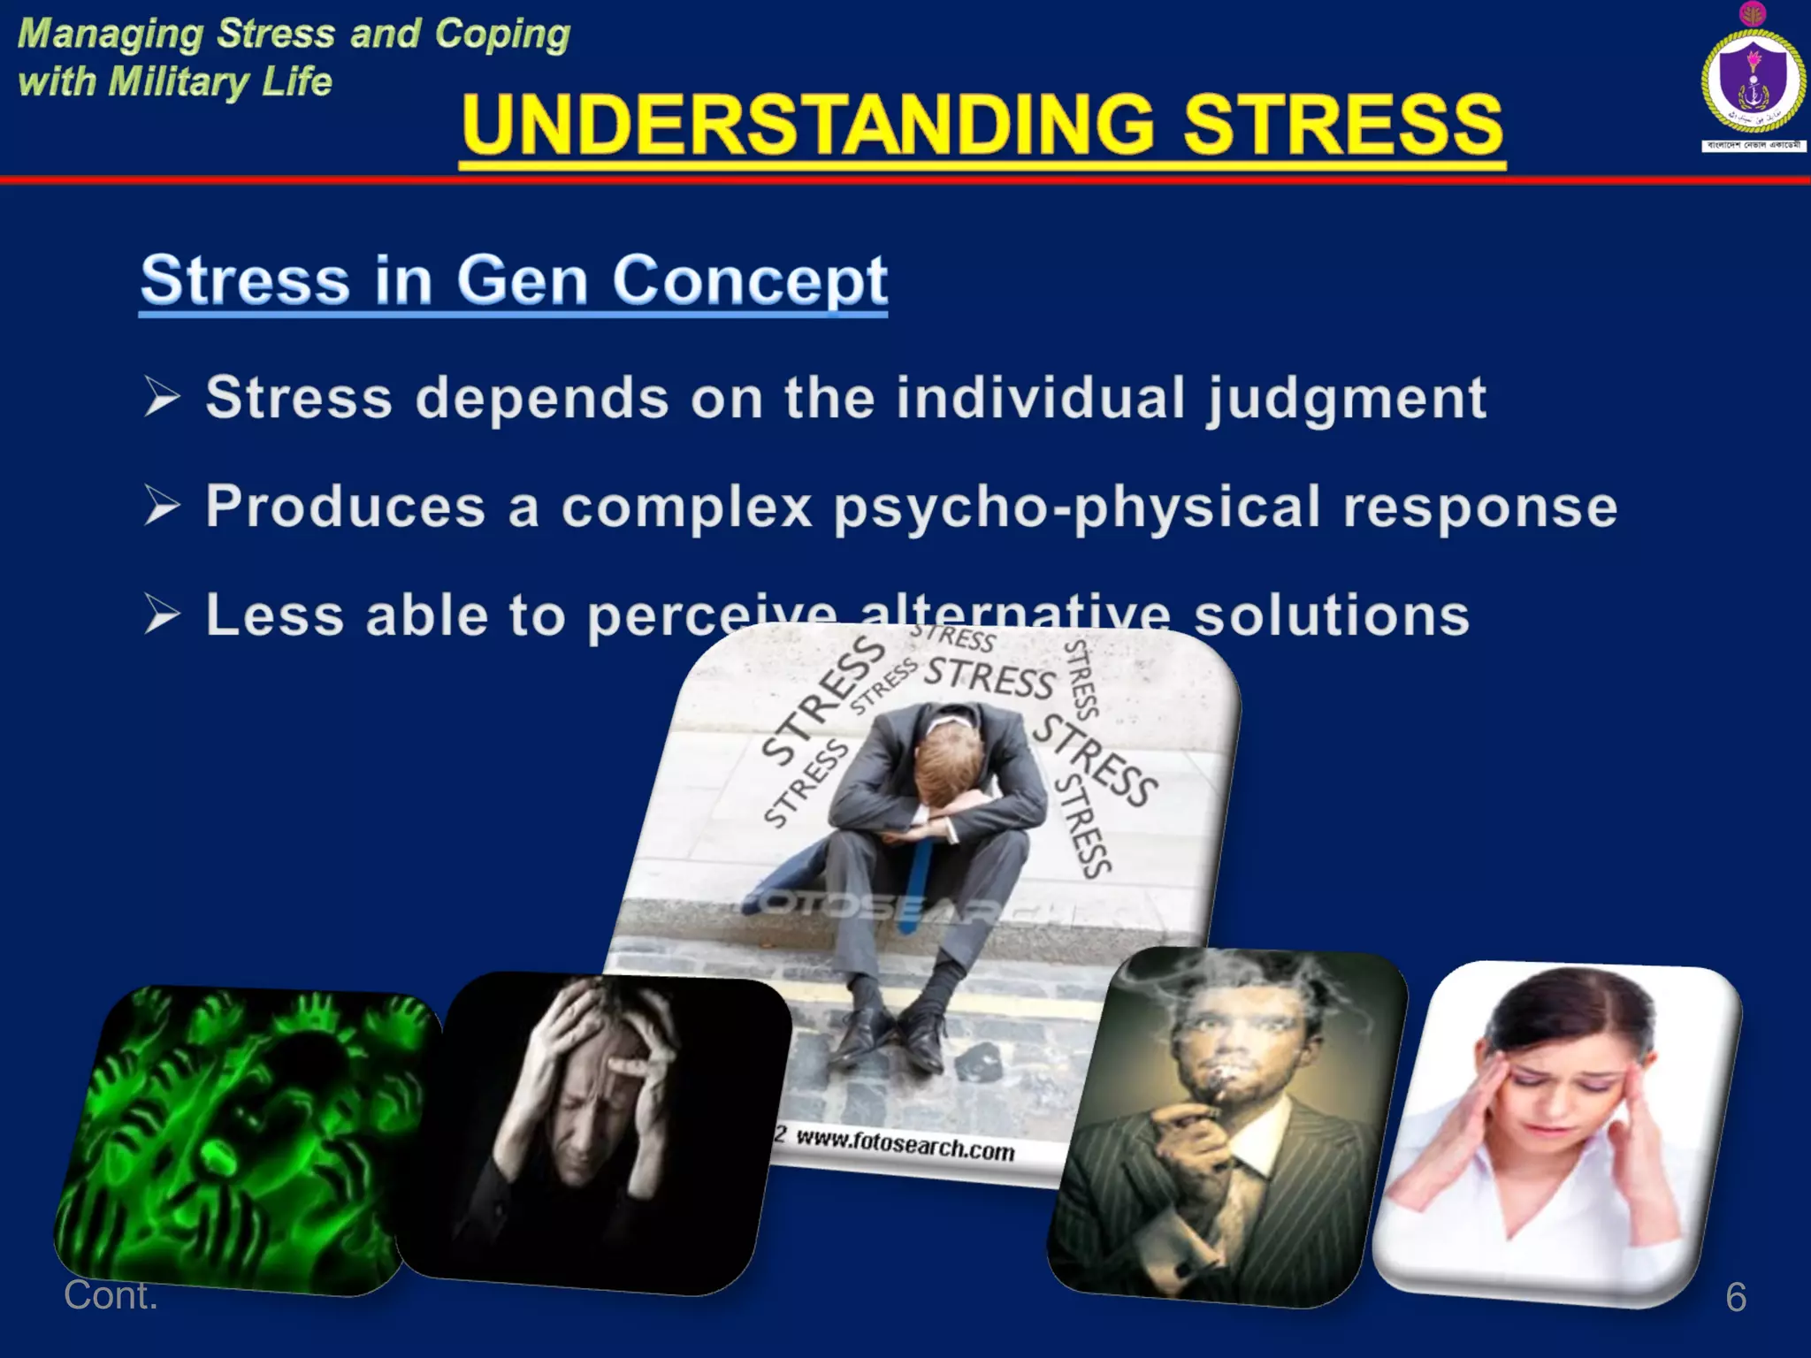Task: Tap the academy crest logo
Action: coord(1752,80)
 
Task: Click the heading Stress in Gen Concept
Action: coord(514,279)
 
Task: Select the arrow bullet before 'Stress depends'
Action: coord(163,396)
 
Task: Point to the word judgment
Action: coord(1346,398)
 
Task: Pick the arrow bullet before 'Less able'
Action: coord(163,614)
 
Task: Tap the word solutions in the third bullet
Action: coord(1331,615)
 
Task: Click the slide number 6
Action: coord(1735,1297)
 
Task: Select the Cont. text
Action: coord(111,1295)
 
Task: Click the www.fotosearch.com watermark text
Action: coord(904,1146)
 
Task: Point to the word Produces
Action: coord(346,507)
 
